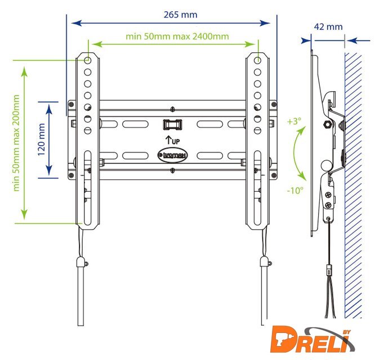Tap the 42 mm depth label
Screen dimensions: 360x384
tap(328, 26)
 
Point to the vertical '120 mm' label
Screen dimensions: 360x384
tap(41, 138)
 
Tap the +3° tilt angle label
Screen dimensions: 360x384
tap(293, 121)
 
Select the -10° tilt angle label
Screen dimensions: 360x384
tap(294, 190)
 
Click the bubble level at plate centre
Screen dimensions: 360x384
tap(171, 123)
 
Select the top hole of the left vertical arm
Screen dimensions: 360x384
tap(88, 60)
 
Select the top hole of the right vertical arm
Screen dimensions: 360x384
tap(257, 60)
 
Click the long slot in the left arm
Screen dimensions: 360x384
tap(88, 186)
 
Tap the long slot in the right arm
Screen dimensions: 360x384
tap(257, 186)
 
